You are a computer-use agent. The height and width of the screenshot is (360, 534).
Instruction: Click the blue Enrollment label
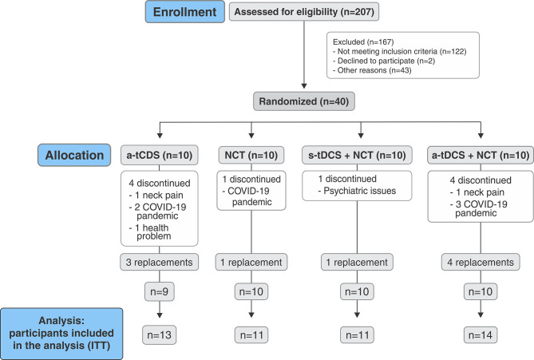pyautogui.click(x=185, y=12)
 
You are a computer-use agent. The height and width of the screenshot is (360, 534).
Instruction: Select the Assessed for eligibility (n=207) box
pyautogui.click(x=304, y=12)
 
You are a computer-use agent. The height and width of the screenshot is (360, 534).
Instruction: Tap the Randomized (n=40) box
pyautogui.click(x=304, y=101)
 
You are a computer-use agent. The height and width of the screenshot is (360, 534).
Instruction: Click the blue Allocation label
pyautogui.click(x=74, y=155)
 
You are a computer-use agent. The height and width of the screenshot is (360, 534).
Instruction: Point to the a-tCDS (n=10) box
pyautogui.click(x=160, y=156)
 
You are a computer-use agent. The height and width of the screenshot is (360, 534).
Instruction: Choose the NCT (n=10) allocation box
pyautogui.click(x=251, y=156)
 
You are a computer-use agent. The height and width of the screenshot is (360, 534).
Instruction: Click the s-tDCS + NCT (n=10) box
pyautogui.click(x=357, y=156)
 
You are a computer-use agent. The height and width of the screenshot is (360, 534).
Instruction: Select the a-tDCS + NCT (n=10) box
pyautogui.click(x=481, y=156)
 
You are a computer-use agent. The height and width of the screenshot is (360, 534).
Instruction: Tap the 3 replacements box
pyautogui.click(x=159, y=263)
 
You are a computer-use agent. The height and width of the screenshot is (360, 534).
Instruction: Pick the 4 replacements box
pyautogui.click(x=481, y=263)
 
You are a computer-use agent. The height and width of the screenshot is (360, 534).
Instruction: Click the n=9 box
pyautogui.click(x=160, y=291)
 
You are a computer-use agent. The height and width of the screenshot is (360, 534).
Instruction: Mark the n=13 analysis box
pyautogui.click(x=160, y=335)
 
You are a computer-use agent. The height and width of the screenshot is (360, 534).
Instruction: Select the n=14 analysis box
pyautogui.click(x=481, y=335)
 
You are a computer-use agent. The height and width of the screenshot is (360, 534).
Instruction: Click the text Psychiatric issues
pyautogui.click(x=360, y=191)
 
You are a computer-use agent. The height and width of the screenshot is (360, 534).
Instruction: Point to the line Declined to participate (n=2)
pyautogui.click(x=384, y=61)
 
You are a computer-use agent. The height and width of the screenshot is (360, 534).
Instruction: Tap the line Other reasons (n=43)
pyautogui.click(x=372, y=70)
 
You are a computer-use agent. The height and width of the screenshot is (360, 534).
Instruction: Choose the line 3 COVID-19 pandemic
pyautogui.click(x=478, y=208)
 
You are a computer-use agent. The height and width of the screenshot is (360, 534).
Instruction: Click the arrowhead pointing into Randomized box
pyautogui.click(x=304, y=86)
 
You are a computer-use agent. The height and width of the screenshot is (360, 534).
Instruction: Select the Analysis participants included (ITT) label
pyautogui.click(x=61, y=333)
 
